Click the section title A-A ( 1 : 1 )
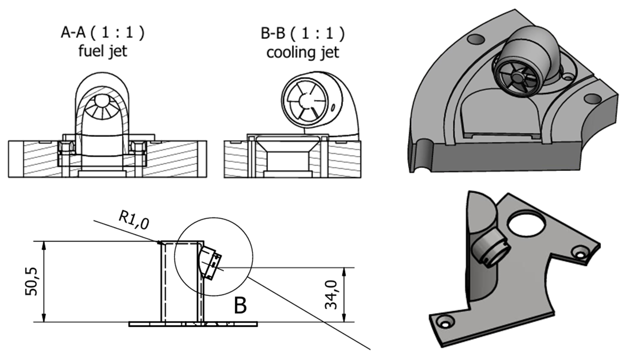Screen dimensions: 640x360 102,33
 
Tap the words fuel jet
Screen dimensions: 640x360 103,51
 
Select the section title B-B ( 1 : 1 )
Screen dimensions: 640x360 302,33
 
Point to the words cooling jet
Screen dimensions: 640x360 303,52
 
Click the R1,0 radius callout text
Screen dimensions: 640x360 134,221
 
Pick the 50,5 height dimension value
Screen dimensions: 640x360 31,281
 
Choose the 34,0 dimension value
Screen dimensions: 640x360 331,295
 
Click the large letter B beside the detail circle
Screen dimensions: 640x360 240,305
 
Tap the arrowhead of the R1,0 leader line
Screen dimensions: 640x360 159,243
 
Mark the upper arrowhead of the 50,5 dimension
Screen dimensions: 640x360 43,245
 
